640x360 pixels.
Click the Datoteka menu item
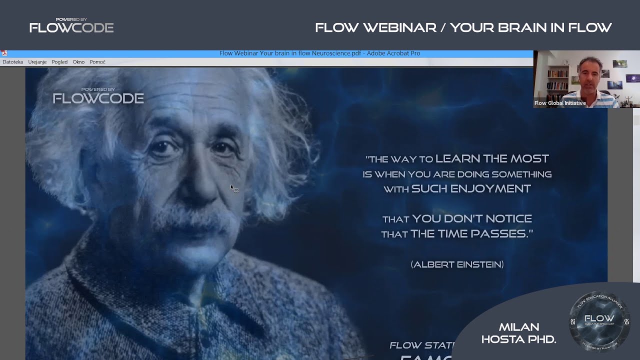(x=12, y=62)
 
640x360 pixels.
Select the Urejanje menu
(x=37, y=62)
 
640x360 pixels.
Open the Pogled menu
(x=59, y=62)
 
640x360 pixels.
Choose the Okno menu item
(x=78, y=62)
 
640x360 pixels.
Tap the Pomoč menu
(x=97, y=62)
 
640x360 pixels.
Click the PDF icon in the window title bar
(x=4, y=53)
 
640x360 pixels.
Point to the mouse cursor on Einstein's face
(x=233, y=188)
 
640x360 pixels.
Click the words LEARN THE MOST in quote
(x=492, y=159)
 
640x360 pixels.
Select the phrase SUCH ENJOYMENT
(x=470, y=189)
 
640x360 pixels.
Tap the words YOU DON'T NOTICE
(x=471, y=219)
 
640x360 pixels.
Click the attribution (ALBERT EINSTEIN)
(x=457, y=264)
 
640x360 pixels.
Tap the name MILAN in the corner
(x=518, y=327)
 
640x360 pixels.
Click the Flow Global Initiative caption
(x=560, y=103)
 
